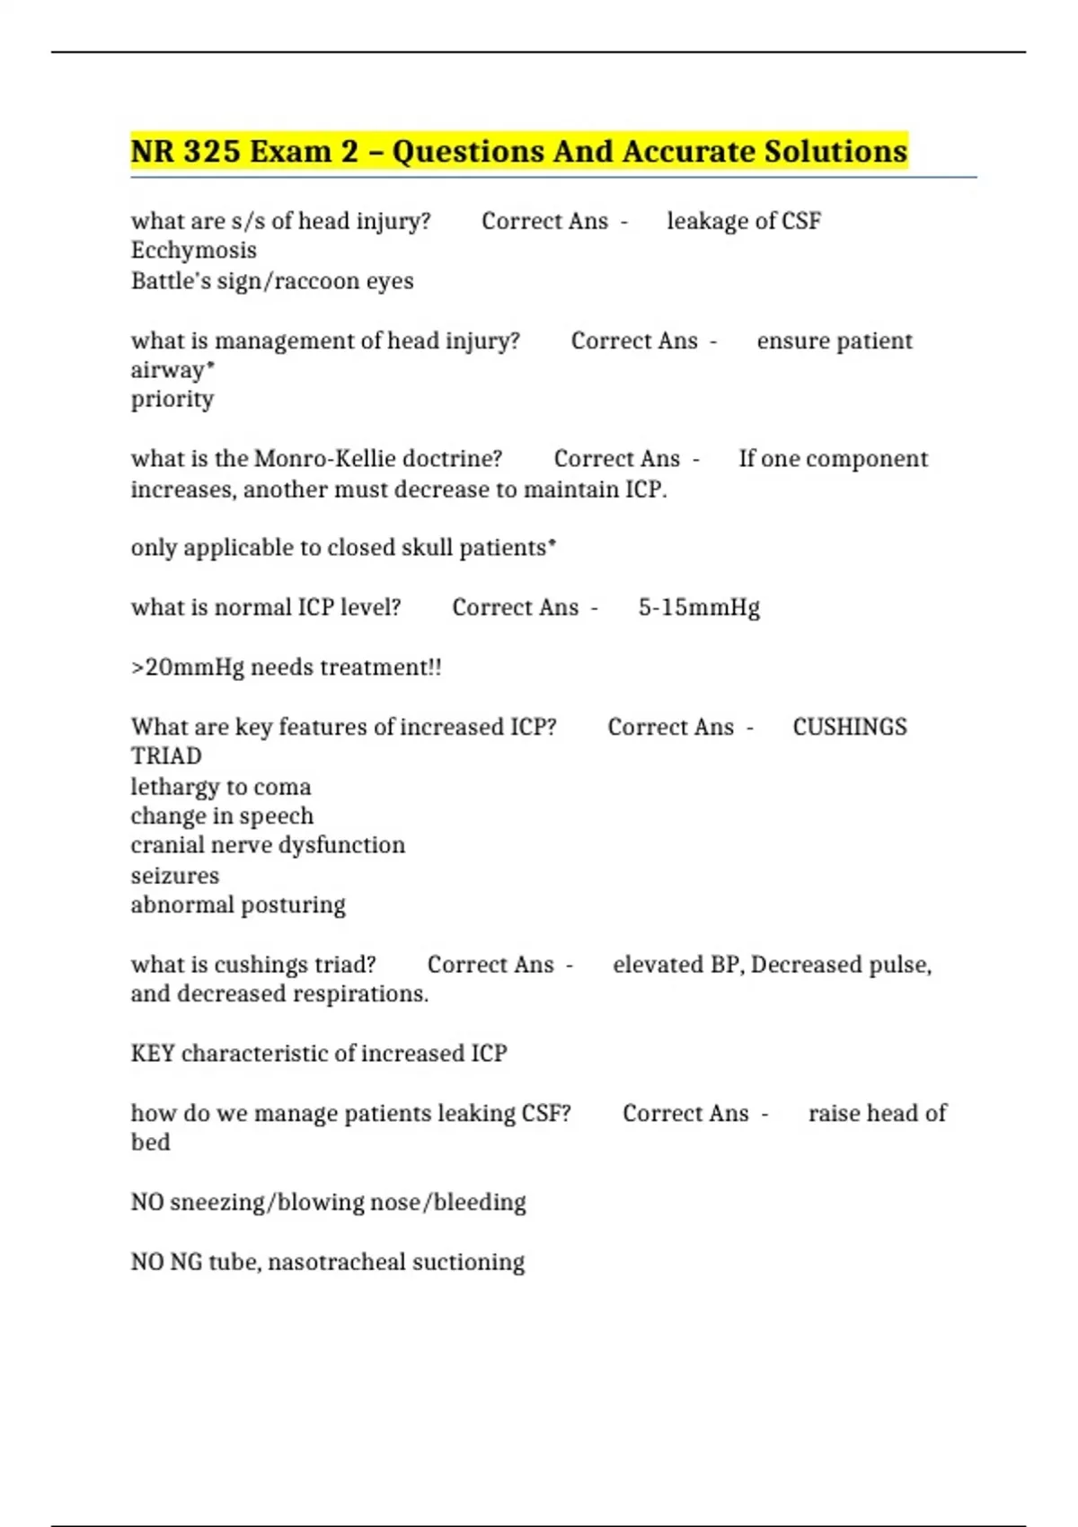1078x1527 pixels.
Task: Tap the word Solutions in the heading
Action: click(835, 151)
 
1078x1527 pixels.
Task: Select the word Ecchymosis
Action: click(194, 251)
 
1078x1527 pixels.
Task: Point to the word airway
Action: click(168, 370)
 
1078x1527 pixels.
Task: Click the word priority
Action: click(172, 400)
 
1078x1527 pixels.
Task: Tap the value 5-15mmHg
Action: click(699, 608)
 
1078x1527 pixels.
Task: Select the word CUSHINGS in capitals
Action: click(850, 727)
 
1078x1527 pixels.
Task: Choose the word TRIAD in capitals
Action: click(166, 756)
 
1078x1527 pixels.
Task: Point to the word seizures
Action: click(175, 876)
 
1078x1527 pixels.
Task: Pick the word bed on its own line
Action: click(151, 1143)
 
